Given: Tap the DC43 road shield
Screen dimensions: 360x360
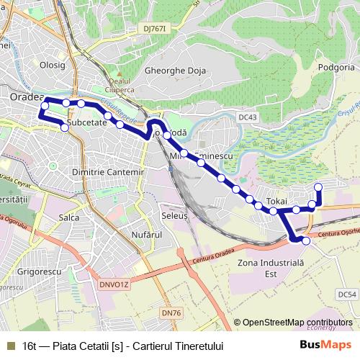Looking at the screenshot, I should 248,117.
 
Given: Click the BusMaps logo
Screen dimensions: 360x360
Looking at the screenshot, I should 326,346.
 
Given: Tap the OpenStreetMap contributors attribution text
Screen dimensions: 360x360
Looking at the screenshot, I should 298,323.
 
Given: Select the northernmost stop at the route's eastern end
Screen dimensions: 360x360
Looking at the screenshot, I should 318,187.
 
